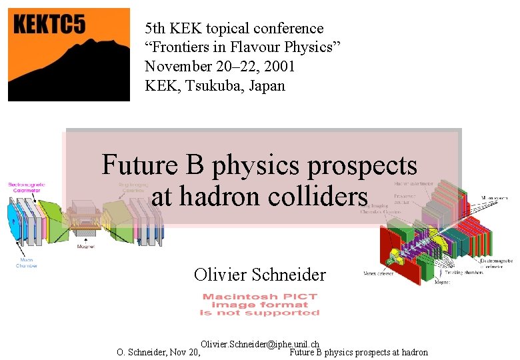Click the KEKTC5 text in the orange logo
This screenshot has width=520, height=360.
click(49, 25)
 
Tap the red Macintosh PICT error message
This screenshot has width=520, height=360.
click(260, 305)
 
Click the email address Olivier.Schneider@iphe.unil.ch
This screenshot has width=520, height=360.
click(259, 344)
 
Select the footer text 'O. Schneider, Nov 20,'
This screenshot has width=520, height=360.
click(159, 353)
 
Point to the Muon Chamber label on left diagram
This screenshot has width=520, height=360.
click(27, 263)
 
